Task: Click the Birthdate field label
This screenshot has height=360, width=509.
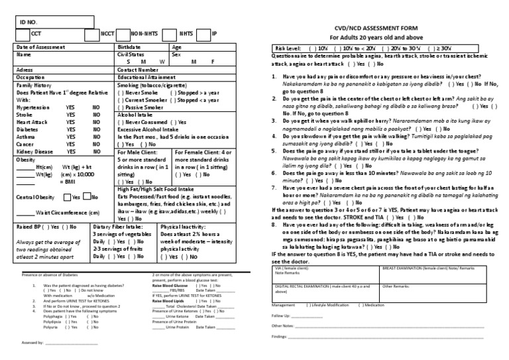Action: (x=129, y=48)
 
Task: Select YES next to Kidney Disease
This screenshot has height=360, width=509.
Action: (x=70, y=150)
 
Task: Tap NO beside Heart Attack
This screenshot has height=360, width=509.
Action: (x=96, y=121)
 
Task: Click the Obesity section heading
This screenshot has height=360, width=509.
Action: (x=26, y=159)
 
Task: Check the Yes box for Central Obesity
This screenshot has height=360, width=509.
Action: (x=67, y=197)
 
